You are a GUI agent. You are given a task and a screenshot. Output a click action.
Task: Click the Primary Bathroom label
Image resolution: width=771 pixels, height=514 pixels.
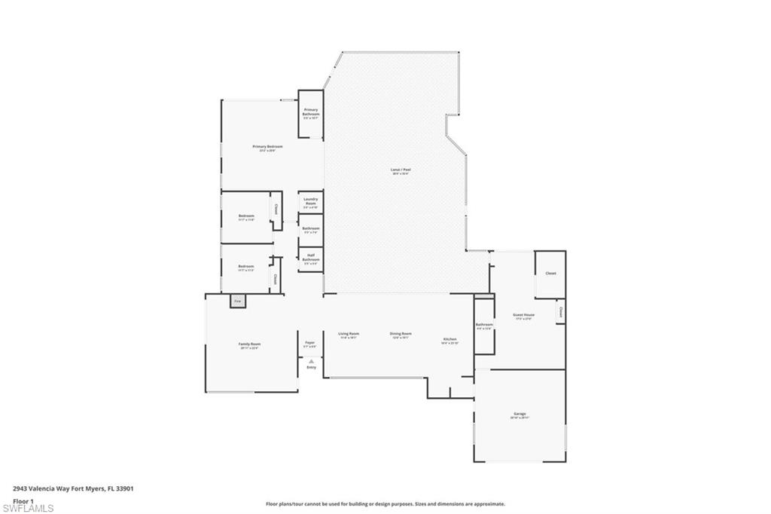point(310,112)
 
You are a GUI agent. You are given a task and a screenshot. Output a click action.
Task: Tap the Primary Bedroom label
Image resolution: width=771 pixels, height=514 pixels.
point(267,146)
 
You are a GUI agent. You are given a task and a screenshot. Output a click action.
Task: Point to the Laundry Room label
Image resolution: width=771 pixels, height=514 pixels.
point(310,201)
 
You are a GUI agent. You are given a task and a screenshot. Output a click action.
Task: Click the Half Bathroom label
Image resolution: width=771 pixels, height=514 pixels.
point(310,257)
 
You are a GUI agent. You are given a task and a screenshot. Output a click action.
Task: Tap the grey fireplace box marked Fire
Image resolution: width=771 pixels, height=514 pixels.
point(237,301)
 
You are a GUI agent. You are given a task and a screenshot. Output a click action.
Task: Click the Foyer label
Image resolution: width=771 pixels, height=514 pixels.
point(309,342)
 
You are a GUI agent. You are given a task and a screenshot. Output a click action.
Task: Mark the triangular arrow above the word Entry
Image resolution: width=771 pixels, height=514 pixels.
point(310,361)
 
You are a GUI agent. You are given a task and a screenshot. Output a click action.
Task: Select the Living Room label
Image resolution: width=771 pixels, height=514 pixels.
point(349,333)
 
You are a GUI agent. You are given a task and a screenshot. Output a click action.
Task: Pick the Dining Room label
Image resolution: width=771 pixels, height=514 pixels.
point(401,333)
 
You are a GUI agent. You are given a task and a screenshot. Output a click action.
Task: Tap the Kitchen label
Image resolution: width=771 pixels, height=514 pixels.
point(449,340)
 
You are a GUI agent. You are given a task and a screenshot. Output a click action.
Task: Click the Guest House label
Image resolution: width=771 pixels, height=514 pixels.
point(524,315)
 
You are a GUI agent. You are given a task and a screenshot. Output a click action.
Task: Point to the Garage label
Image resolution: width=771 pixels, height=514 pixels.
point(520,414)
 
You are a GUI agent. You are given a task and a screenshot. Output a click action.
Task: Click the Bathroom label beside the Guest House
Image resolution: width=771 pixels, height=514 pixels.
point(483,325)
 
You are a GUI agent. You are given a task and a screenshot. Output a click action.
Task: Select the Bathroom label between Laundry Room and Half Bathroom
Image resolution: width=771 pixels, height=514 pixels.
point(310,228)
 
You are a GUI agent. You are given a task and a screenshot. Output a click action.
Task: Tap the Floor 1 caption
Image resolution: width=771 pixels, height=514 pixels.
point(23,500)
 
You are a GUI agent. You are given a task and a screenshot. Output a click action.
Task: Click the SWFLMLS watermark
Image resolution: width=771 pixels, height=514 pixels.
point(28,509)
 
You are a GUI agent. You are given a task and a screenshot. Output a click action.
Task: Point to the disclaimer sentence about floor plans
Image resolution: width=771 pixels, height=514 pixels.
point(385,504)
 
